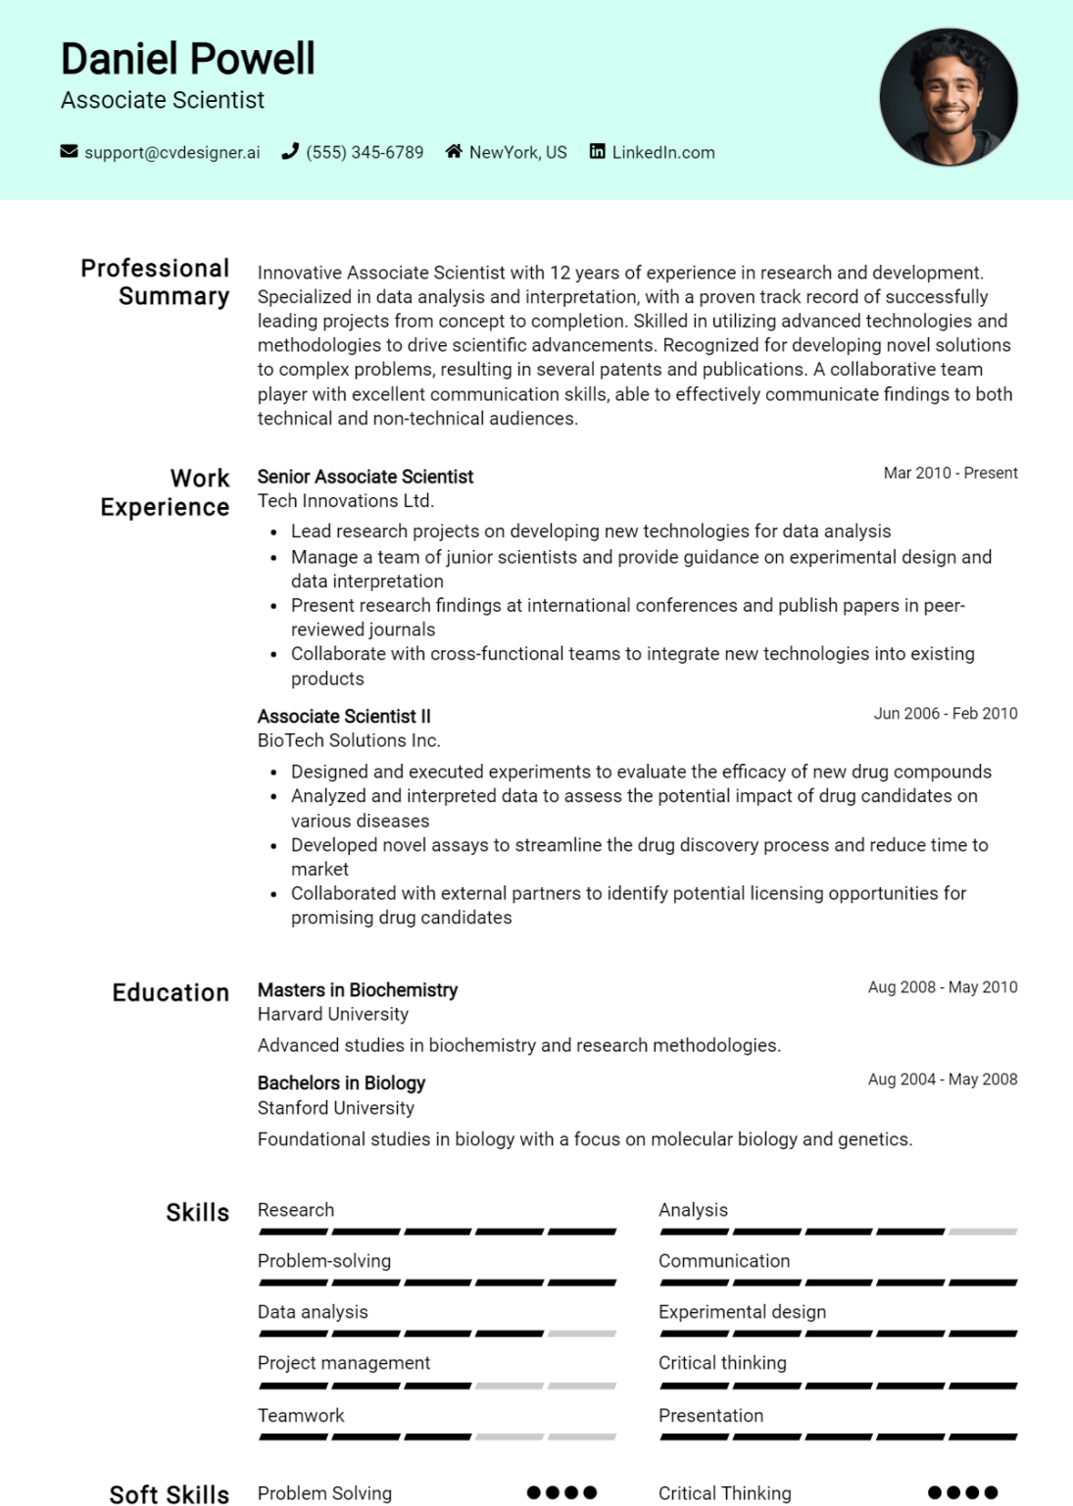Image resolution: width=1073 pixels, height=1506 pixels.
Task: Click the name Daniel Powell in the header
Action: coord(188,59)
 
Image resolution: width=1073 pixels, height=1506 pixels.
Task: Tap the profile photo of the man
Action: coord(948,96)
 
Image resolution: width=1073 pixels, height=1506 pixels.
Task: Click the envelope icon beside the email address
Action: coord(69,151)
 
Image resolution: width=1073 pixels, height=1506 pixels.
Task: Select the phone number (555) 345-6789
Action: coord(365,153)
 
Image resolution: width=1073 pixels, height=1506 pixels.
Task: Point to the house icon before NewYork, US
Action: coord(454,151)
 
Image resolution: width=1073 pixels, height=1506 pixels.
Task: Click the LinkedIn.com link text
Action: coord(663,153)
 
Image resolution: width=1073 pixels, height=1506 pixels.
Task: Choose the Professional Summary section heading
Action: coord(156,282)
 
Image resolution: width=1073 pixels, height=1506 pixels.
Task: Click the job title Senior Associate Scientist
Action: coord(366,477)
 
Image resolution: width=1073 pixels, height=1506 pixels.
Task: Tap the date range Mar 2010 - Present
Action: coord(951,473)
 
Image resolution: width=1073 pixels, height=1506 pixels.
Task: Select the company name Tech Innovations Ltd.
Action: coord(346,501)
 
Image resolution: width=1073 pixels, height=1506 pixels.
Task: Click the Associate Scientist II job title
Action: coord(344,717)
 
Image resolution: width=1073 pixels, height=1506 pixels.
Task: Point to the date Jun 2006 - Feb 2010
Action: coord(946,714)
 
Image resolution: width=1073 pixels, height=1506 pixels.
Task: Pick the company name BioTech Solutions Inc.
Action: coord(349,740)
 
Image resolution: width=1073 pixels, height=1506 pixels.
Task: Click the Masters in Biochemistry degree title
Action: coord(358,990)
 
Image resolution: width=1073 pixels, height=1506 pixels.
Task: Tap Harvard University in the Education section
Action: coord(333,1015)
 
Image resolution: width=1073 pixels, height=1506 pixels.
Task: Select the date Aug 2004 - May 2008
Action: coord(943,1079)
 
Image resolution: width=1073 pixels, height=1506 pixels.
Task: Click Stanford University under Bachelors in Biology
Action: coord(336,1108)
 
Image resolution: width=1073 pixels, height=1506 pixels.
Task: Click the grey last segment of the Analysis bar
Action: coord(983,1231)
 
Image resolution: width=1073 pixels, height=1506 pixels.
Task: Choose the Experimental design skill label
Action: coord(742,1312)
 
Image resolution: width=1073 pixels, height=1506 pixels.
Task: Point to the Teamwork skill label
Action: coord(301,1416)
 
